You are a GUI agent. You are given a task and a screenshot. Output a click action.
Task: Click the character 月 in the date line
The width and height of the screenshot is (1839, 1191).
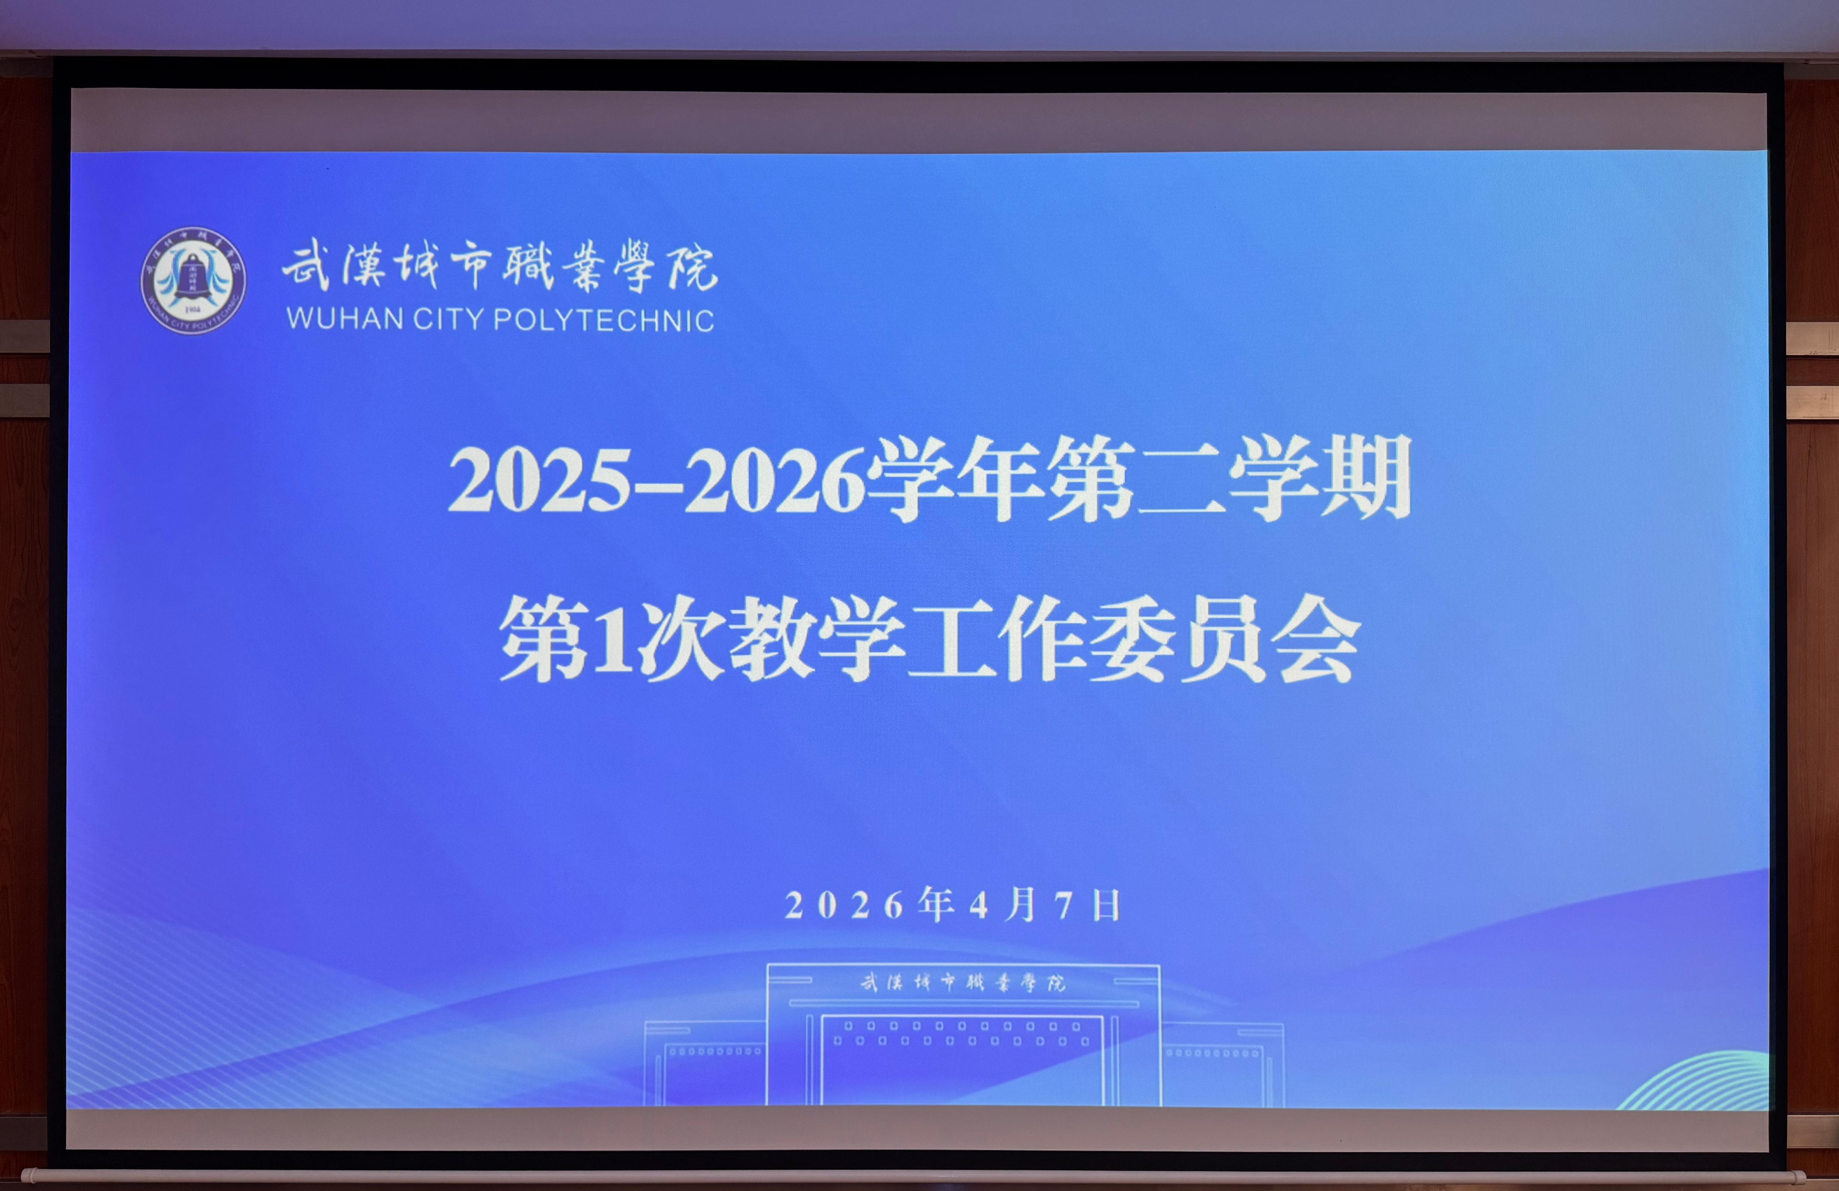click(x=1021, y=904)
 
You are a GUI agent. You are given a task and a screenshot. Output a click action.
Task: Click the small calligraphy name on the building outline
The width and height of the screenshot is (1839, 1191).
click(x=963, y=983)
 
